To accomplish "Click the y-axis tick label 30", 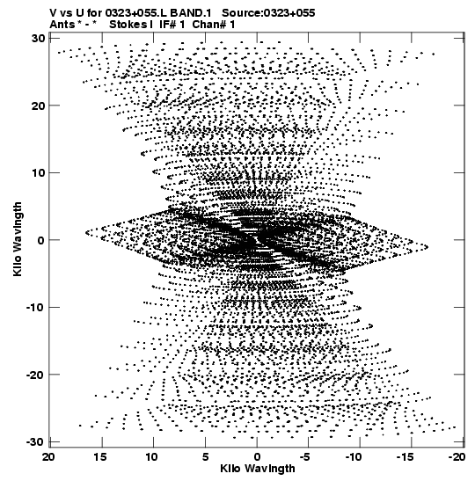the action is (38, 39).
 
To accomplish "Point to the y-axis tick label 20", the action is (38, 106).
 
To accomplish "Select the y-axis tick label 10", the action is (38, 172).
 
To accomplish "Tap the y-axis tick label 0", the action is (41, 240).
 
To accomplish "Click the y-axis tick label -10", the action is (35, 307).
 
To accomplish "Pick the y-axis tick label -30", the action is (35, 441).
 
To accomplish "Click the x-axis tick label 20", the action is (48, 457).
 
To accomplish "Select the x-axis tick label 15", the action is (100, 457).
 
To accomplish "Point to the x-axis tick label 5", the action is (205, 457).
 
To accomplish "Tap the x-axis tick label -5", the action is (306, 457).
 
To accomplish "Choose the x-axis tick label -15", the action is (407, 457).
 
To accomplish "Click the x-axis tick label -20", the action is (457, 457).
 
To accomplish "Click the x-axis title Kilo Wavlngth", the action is (258, 469).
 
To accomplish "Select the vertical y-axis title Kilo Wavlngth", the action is (18, 239).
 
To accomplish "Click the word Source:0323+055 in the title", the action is (268, 13).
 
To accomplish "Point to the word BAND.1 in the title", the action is (191, 13).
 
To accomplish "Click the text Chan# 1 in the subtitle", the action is (214, 25).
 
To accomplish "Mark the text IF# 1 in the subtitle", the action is (172, 25).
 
